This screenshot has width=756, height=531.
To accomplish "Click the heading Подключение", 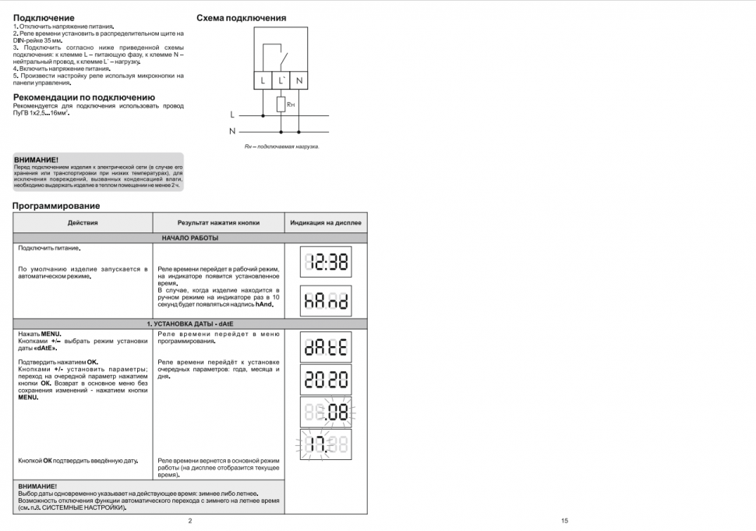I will [x=44, y=17].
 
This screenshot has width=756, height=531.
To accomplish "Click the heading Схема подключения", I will [x=241, y=18].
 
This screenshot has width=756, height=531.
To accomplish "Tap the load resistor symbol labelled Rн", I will [x=281, y=104].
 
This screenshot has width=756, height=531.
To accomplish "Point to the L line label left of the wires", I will [x=231, y=115].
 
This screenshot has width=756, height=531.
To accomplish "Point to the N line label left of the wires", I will [x=232, y=130].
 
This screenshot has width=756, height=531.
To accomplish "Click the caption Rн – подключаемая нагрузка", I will [x=281, y=147].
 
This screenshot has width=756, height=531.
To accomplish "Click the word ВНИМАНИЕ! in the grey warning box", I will [x=36, y=159].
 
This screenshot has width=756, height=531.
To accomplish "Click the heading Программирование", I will [x=56, y=206].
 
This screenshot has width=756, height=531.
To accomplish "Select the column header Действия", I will [x=83, y=222].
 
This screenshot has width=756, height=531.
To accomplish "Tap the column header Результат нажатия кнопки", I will [x=218, y=222].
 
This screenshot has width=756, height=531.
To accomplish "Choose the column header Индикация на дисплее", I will [x=326, y=222].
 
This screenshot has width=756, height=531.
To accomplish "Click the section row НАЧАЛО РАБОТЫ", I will [x=190, y=238].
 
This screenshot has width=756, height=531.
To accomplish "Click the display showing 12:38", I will [x=326, y=262].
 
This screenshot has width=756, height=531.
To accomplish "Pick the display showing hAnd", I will [x=326, y=300].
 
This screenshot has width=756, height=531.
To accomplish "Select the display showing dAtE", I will [x=326, y=347].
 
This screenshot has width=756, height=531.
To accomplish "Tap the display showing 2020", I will [x=326, y=381].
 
